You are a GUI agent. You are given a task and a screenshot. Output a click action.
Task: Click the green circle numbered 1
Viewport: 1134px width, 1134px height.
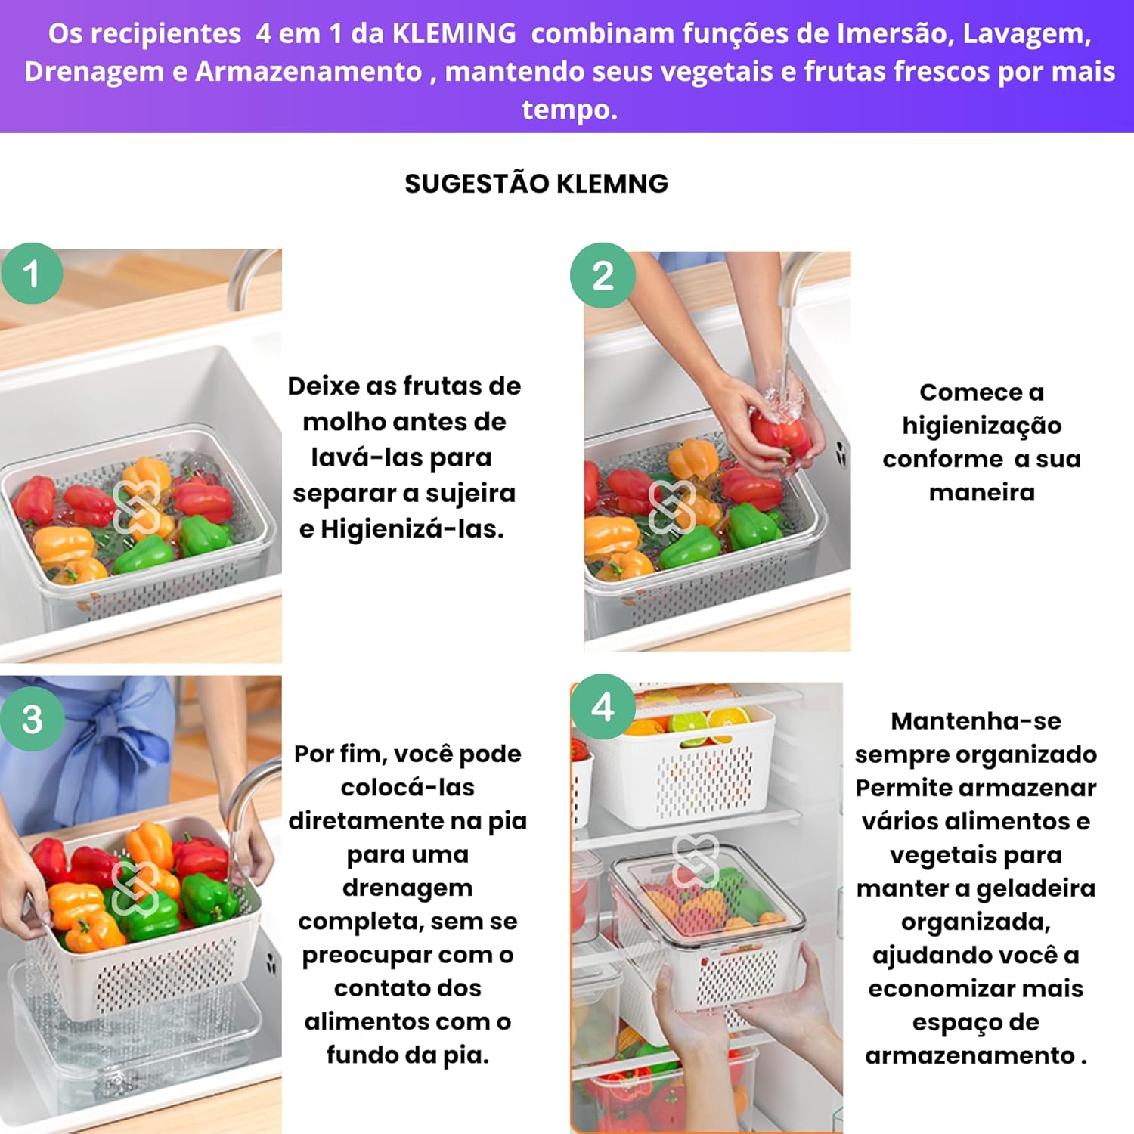(x=32, y=274)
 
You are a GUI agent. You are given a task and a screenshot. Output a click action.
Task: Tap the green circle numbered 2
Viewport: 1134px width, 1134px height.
(x=603, y=275)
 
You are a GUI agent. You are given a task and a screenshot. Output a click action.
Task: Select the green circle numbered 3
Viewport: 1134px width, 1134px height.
(x=32, y=719)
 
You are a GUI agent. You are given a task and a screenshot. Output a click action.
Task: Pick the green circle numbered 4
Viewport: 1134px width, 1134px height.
(x=603, y=707)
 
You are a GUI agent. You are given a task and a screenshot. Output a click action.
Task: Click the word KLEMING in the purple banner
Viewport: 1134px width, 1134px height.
(x=454, y=33)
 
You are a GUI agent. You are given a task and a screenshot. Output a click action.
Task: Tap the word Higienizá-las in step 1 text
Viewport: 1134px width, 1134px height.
(x=411, y=529)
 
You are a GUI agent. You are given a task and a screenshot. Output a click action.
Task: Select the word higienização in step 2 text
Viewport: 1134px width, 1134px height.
(x=981, y=426)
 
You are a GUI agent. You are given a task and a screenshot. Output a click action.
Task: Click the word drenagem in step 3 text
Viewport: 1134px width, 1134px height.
(x=407, y=888)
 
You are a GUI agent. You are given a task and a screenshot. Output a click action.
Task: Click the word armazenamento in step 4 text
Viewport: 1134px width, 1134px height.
(x=970, y=1055)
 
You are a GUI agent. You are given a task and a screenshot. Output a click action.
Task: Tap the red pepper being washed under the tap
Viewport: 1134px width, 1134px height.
(x=780, y=435)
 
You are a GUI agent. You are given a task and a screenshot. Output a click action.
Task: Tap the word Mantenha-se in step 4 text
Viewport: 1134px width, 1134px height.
(x=975, y=721)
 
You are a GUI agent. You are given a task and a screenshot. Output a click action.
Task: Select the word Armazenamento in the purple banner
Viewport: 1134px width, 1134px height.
(x=308, y=72)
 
